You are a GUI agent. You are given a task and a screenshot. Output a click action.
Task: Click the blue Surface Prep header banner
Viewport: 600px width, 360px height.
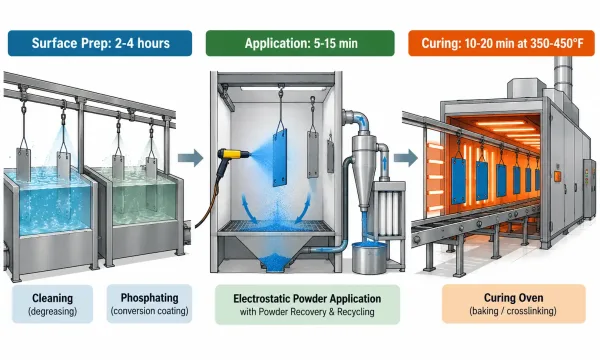click(100, 43)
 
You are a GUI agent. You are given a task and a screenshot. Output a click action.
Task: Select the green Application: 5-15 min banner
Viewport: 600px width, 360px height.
click(300, 43)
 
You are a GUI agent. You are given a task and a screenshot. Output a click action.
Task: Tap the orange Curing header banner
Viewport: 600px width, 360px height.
click(501, 43)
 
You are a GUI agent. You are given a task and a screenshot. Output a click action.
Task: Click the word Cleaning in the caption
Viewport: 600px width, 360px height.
click(52, 298)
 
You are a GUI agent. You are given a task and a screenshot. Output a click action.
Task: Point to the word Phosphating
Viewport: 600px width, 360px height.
click(150, 298)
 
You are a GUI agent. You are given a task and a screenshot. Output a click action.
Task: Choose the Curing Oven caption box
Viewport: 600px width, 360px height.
click(514, 304)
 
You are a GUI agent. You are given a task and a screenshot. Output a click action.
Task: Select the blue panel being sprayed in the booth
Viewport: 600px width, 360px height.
click(280, 158)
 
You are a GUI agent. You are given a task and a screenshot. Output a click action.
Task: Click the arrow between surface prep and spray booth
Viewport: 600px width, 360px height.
click(191, 158)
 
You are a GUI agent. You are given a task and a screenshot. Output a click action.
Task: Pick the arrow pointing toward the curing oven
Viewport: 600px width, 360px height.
click(406, 158)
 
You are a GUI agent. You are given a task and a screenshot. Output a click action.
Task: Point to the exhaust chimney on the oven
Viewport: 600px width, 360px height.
click(563, 78)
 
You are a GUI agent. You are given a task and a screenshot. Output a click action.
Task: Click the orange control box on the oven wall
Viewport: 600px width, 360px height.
click(557, 176)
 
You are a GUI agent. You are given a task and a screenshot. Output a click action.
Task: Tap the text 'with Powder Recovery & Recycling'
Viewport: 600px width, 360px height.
click(307, 312)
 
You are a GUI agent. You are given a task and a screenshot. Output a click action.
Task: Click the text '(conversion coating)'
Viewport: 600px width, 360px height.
click(150, 311)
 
